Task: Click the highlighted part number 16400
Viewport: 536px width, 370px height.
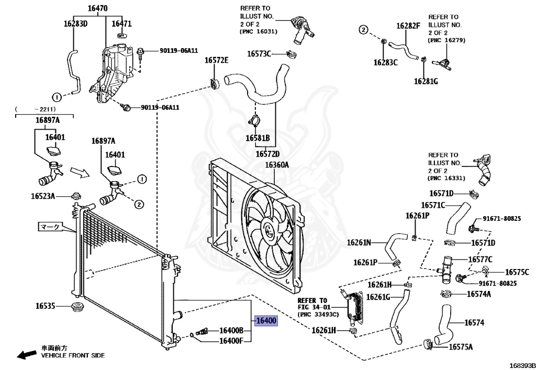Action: (x=266, y=320)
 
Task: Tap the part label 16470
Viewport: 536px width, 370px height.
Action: (x=97, y=8)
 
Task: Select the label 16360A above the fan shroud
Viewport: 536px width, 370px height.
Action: (x=276, y=165)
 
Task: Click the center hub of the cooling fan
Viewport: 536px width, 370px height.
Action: (x=267, y=228)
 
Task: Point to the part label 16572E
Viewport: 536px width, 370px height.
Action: (x=216, y=60)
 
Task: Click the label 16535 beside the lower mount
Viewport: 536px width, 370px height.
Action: (x=45, y=306)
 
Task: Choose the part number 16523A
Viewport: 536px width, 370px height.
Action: (x=43, y=196)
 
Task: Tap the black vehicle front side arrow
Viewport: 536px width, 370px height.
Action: (x=27, y=355)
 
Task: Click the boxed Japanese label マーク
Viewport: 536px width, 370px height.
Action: (x=50, y=227)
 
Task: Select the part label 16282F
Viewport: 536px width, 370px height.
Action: (x=408, y=26)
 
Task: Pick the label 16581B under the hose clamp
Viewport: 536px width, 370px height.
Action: (x=258, y=138)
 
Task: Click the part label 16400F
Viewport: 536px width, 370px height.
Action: (x=231, y=341)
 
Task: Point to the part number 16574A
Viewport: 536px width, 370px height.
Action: (x=478, y=294)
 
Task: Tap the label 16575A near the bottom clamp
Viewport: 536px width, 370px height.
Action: (x=461, y=347)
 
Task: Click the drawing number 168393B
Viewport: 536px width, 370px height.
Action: (x=523, y=366)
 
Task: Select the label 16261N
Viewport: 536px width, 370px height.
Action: (x=359, y=242)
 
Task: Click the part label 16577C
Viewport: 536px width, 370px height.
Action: (x=481, y=260)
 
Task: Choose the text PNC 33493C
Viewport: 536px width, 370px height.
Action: (x=318, y=315)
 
